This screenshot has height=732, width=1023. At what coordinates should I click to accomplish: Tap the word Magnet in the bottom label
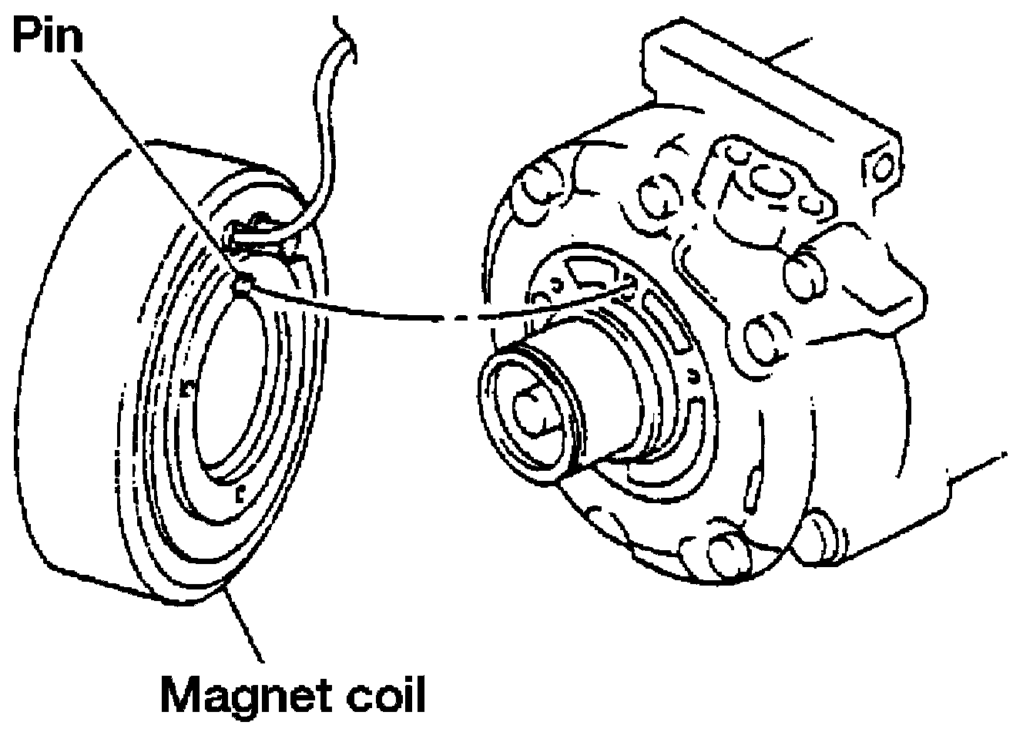[236, 695]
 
